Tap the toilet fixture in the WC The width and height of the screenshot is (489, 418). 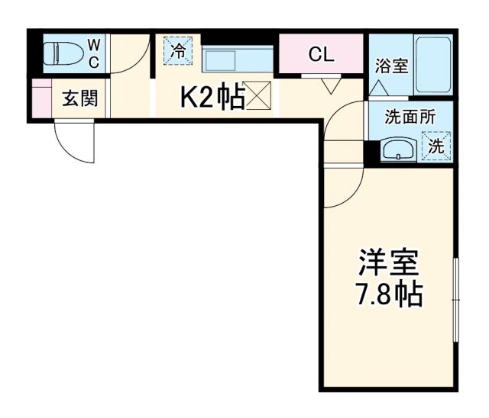pos(61,54)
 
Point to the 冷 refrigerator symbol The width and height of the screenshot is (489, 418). pos(177,53)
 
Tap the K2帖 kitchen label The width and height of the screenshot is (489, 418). pos(212,98)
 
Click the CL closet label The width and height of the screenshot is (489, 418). pos(321,54)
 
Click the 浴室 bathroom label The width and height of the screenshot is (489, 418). pos(391,65)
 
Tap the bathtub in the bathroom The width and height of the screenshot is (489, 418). pos(433,65)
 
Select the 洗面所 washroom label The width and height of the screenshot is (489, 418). pos(410,117)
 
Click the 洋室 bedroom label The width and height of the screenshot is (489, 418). pos(389,265)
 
